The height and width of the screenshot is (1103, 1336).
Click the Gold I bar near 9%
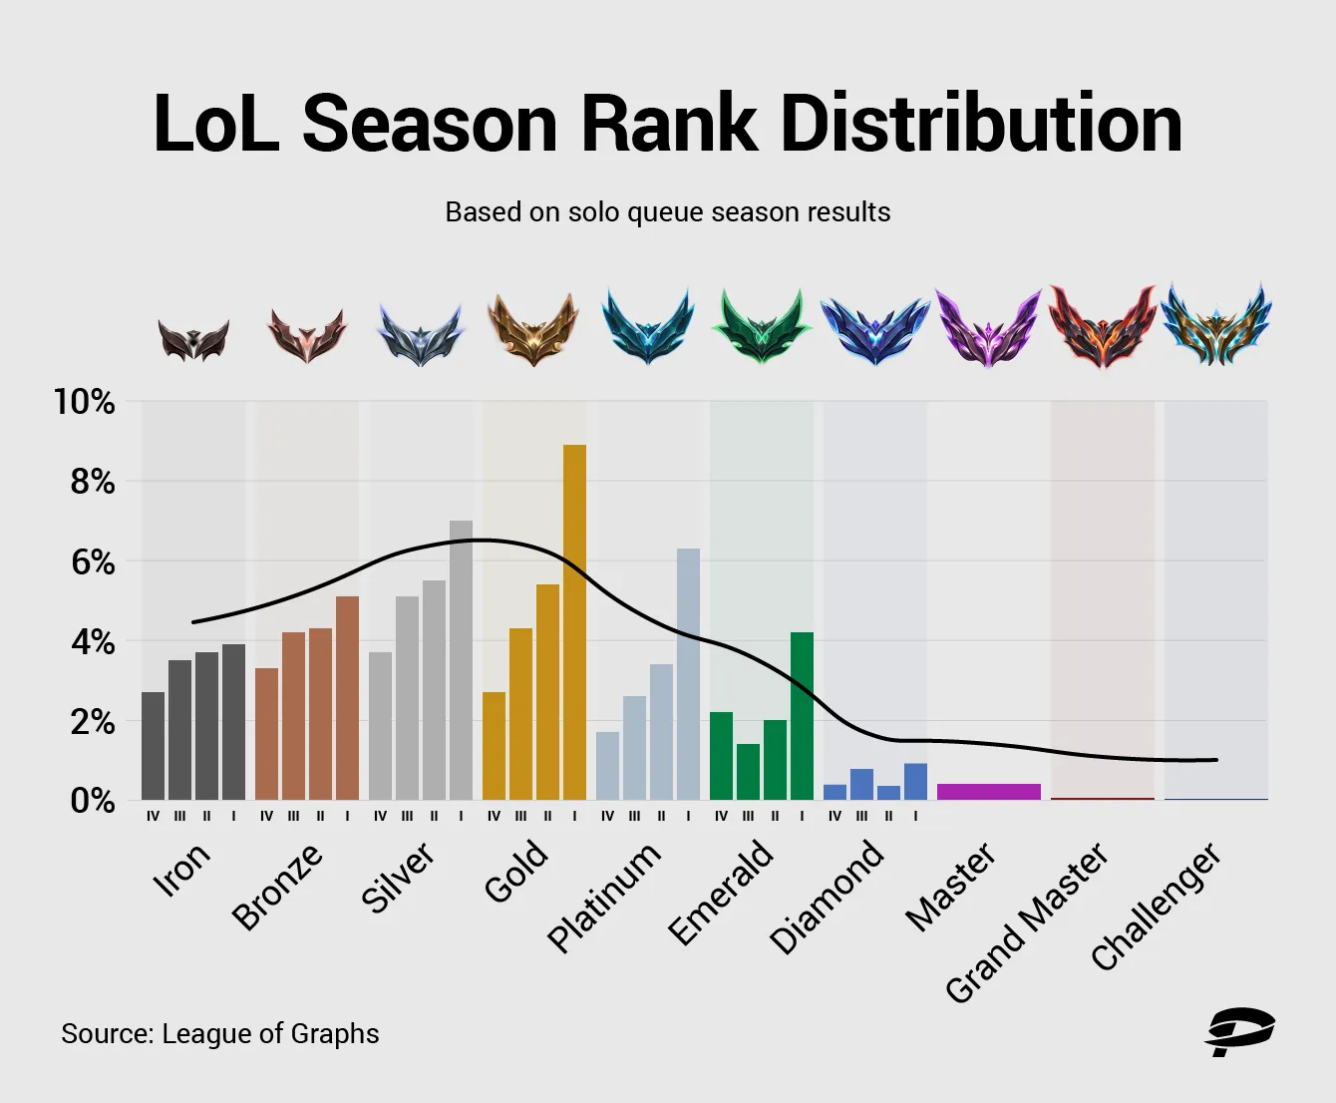click(574, 622)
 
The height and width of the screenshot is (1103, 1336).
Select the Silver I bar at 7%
click(461, 660)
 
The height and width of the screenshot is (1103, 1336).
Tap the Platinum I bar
click(688, 674)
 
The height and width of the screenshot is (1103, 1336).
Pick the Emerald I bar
click(802, 716)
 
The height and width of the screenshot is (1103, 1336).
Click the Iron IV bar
click(154, 746)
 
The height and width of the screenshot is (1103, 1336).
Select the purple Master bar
click(988, 792)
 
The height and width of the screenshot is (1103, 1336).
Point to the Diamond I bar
click(915, 782)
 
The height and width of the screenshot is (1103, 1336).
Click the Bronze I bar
click(347, 698)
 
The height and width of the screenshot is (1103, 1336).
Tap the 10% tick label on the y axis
click(85, 402)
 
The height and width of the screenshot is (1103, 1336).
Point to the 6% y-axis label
click(92, 562)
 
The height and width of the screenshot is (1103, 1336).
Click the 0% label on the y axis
click(92, 801)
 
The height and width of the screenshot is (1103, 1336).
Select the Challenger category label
click(1157, 906)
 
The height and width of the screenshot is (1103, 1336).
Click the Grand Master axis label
click(1027, 921)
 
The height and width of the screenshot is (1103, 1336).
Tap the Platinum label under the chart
click(604, 896)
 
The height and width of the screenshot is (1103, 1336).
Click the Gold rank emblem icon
click(533, 329)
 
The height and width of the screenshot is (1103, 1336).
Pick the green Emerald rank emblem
click(762, 327)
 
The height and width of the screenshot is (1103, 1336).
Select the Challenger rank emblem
click(1216, 325)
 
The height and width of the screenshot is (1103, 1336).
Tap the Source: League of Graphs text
click(220, 1033)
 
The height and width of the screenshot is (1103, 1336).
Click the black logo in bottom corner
click(1239, 1032)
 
